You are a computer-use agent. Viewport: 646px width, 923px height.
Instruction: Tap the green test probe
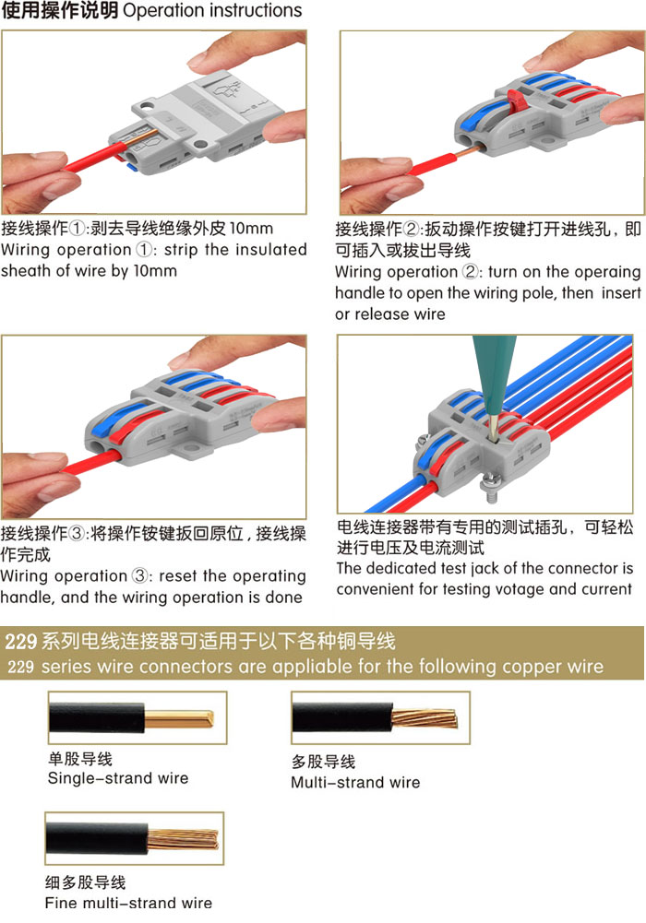pyautogui.click(x=493, y=377)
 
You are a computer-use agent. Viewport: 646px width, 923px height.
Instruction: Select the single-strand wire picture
pyautogui.click(x=138, y=717)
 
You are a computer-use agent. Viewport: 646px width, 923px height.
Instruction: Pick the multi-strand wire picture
pyautogui.click(x=380, y=717)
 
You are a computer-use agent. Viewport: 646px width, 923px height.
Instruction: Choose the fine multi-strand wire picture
pyautogui.click(x=134, y=838)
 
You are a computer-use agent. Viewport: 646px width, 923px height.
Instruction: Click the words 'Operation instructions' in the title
pyautogui.click(x=212, y=10)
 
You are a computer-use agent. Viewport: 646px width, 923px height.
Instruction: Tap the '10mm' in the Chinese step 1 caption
pyautogui.click(x=251, y=229)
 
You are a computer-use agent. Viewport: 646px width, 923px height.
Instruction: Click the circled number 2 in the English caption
pyautogui.click(x=470, y=272)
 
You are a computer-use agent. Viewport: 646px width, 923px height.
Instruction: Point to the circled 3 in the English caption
pyautogui.click(x=139, y=575)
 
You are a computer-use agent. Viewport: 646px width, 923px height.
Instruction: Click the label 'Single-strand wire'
pyautogui.click(x=118, y=778)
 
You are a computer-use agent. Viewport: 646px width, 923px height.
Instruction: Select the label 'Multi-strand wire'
pyautogui.click(x=355, y=782)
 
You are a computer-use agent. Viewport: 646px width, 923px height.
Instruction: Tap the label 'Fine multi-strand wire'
pyautogui.click(x=128, y=903)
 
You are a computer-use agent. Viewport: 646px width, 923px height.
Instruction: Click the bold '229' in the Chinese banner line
pyautogui.click(x=21, y=641)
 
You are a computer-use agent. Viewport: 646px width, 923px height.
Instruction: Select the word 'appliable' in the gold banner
pyautogui.click(x=313, y=667)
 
